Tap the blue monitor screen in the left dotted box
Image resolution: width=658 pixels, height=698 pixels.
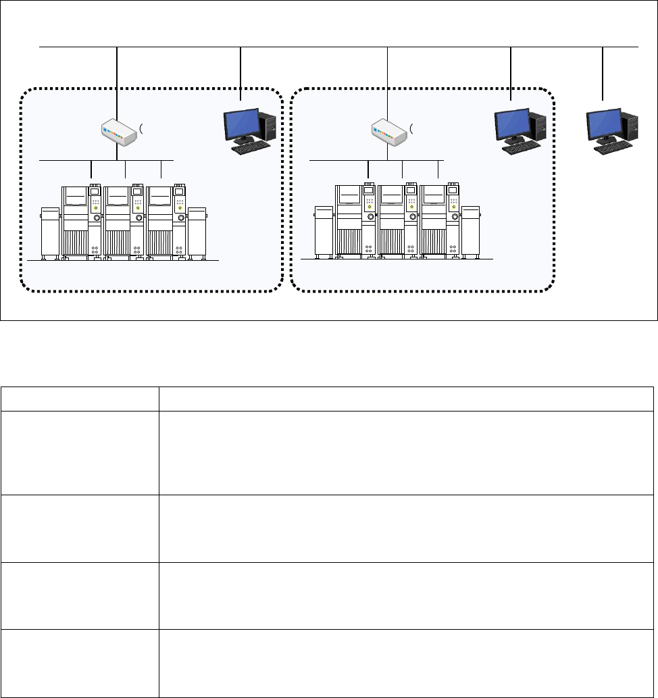point(241,124)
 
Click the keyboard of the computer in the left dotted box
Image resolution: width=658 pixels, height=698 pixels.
point(251,145)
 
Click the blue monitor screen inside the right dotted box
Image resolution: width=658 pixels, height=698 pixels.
point(512,124)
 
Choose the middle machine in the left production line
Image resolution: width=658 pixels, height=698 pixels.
point(125,220)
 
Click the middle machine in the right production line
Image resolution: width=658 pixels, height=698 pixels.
point(399,220)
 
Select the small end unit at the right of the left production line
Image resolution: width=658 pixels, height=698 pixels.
point(197,233)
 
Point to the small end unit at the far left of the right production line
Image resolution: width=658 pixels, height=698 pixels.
point(324,233)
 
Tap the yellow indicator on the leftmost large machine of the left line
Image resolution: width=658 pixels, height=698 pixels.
point(95,208)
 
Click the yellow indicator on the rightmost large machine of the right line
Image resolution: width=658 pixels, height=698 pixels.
point(453,208)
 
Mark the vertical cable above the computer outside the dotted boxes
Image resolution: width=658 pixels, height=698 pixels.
point(603,74)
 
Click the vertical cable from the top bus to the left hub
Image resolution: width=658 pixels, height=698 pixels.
point(118,81)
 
